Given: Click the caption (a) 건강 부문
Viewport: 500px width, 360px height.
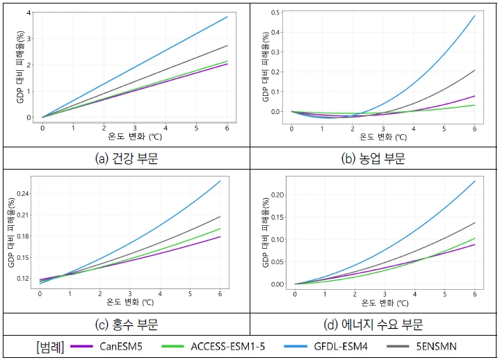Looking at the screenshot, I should click(126, 158).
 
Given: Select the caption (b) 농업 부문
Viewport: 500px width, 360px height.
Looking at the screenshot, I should click(373, 158).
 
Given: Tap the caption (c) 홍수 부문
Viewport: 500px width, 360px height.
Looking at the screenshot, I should click(126, 324).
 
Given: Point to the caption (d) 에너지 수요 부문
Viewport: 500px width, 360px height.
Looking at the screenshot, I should click(373, 324).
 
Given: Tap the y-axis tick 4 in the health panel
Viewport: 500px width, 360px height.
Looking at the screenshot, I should click(28, 13).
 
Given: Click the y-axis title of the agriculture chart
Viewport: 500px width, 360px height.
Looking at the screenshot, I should click(265, 67).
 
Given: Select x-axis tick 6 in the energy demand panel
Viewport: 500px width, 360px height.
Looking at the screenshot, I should click(474, 294).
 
